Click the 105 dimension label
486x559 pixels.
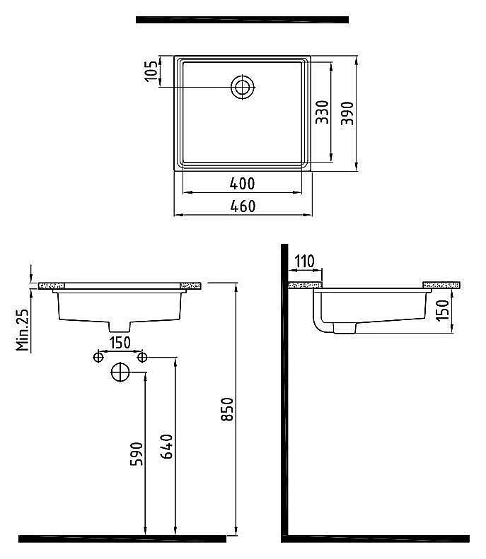pyautogui.click(x=151, y=71)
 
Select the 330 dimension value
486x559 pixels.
pyautogui.click(x=322, y=112)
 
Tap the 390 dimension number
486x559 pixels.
pyautogui.click(x=347, y=113)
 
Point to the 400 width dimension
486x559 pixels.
pyautogui.click(x=242, y=184)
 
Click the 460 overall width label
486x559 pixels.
pyautogui.click(x=243, y=206)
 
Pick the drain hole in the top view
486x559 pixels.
pyautogui.click(x=243, y=88)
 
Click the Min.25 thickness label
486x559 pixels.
pyautogui.click(x=22, y=329)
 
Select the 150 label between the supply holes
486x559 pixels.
pyautogui.click(x=120, y=343)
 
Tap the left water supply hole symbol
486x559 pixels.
pyautogui.click(x=98, y=356)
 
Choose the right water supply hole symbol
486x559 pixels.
pyautogui.click(x=142, y=356)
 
